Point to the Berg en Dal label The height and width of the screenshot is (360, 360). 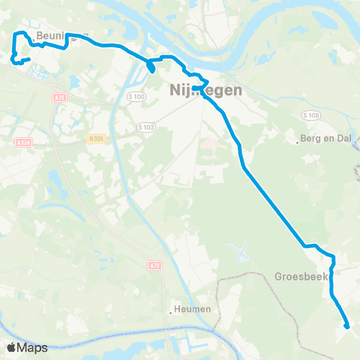click(325, 139)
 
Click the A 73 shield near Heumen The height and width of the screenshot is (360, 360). click(154, 265)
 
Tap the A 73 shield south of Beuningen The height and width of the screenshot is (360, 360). click(61, 97)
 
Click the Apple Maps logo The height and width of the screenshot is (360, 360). click(26, 347)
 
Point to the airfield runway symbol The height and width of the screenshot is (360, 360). click(240, 250)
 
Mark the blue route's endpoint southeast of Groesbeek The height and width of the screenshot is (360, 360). click(346, 325)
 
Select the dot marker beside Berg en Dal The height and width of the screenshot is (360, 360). click(298, 139)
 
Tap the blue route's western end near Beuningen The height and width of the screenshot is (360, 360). click(28, 59)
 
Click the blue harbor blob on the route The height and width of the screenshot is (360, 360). click(151, 67)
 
